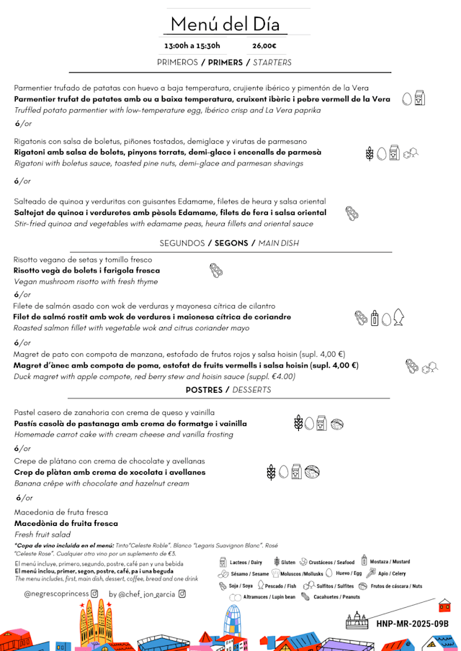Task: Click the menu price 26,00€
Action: tap(264, 46)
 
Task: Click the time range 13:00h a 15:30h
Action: tap(192, 46)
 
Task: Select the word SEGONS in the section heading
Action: tap(231, 243)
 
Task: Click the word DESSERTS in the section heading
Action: tap(251, 390)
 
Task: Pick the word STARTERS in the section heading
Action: tap(272, 63)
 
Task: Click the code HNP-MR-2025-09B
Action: tap(413, 623)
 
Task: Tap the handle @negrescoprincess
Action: tap(56, 594)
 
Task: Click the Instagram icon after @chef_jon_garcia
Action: tap(182, 594)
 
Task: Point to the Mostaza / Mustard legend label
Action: tap(390, 562)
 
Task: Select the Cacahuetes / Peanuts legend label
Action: tap(336, 597)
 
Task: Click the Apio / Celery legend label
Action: tap(392, 574)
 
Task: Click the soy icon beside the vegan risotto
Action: tap(216, 270)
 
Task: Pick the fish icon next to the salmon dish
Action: tap(398, 317)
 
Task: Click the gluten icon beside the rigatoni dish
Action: tap(370, 153)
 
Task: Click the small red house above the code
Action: tap(444, 606)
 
